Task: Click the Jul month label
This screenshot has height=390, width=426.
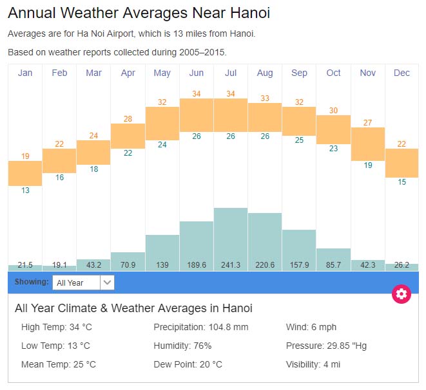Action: pos(231,73)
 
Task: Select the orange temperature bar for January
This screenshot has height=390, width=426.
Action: pos(25,173)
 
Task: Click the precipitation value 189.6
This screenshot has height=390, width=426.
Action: pos(197,265)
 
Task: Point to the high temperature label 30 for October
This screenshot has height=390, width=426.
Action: pos(333,110)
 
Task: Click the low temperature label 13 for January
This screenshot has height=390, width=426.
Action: pos(25,190)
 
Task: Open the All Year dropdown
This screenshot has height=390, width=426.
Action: pos(84,282)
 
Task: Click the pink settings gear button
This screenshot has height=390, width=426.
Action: pos(402,294)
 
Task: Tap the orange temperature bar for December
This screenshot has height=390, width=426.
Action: pos(402,163)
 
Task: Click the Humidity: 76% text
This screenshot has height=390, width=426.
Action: pos(182,346)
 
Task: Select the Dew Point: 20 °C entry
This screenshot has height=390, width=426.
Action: pos(188,364)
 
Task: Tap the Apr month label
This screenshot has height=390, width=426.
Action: pos(128,73)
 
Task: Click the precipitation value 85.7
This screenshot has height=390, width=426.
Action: pos(333,265)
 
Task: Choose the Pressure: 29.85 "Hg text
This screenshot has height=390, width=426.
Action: pos(326,346)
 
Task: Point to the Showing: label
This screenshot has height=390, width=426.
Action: pos(32,282)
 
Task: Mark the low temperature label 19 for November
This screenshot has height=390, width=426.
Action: pos(367,165)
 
